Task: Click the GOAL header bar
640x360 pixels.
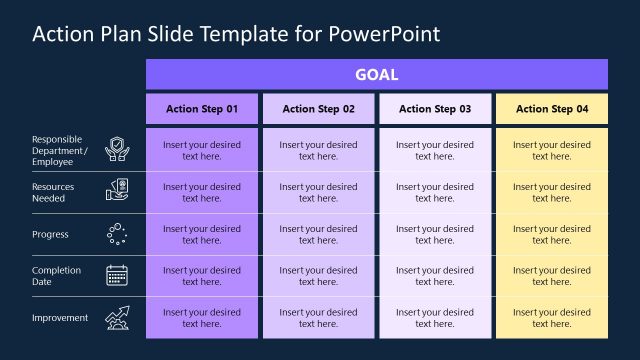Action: click(x=377, y=74)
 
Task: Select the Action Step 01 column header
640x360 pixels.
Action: click(x=202, y=109)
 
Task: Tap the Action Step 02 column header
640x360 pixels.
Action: click(x=319, y=109)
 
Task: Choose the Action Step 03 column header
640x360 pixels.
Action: click(x=435, y=109)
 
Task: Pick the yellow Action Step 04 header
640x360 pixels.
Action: click(x=552, y=109)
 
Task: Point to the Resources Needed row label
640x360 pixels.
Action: click(x=53, y=192)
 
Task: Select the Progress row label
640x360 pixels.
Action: click(x=50, y=234)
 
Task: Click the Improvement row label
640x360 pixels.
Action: click(x=60, y=318)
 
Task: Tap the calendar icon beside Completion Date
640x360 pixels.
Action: click(x=117, y=276)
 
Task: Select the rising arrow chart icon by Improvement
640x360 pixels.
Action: click(x=117, y=318)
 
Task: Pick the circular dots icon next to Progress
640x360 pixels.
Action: click(x=117, y=234)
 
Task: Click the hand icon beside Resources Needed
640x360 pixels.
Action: click(x=117, y=192)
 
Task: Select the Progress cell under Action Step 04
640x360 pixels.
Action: click(x=552, y=234)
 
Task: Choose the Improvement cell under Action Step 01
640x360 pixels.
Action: click(x=202, y=318)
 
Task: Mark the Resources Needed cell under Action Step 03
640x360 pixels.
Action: click(x=435, y=192)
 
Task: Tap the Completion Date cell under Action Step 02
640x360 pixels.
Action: click(x=319, y=276)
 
